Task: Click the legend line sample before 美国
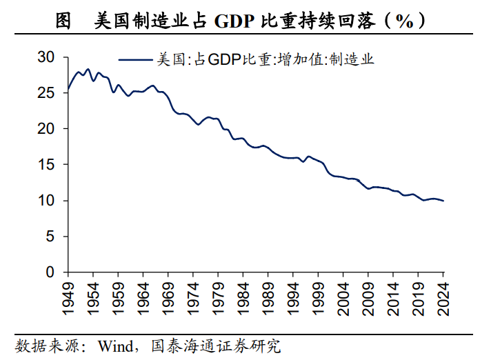136,60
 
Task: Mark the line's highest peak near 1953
88,69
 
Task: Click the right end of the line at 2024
443,201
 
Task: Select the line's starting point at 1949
68,89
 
